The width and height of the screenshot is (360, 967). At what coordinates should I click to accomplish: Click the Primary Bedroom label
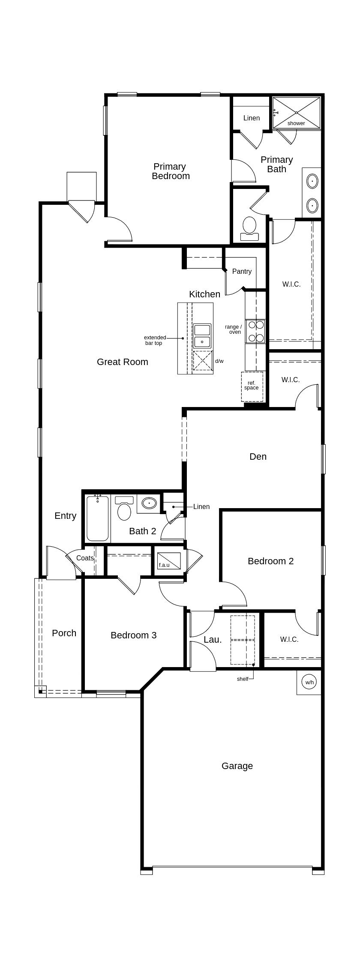(x=171, y=171)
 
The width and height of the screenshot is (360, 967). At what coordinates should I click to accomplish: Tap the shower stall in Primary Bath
(x=297, y=112)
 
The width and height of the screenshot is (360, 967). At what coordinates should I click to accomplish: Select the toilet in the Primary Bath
(x=249, y=227)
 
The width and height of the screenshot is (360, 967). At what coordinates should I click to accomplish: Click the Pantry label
(x=242, y=271)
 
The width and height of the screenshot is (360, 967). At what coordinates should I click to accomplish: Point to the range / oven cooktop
(x=255, y=331)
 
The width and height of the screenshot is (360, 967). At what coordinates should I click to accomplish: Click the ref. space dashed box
(x=252, y=386)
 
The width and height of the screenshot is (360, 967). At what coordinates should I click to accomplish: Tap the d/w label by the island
(x=219, y=361)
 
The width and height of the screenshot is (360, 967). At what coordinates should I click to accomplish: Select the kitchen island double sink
(x=202, y=335)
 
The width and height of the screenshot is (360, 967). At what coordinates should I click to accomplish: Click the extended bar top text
(x=154, y=340)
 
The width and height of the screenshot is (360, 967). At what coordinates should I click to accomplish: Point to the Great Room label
(x=123, y=362)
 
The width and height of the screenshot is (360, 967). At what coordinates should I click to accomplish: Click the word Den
(x=258, y=457)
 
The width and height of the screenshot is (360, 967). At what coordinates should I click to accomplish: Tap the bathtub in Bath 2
(x=98, y=518)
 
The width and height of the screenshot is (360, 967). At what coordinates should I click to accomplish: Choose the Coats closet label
(x=85, y=558)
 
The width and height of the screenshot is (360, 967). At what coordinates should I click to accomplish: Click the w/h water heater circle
(x=309, y=682)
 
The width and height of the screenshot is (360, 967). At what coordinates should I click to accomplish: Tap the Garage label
(x=237, y=766)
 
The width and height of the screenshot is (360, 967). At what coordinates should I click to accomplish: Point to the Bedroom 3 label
(x=133, y=635)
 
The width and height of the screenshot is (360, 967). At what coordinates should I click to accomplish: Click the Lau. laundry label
(x=213, y=640)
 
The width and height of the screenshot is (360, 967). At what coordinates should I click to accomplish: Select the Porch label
(x=64, y=633)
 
